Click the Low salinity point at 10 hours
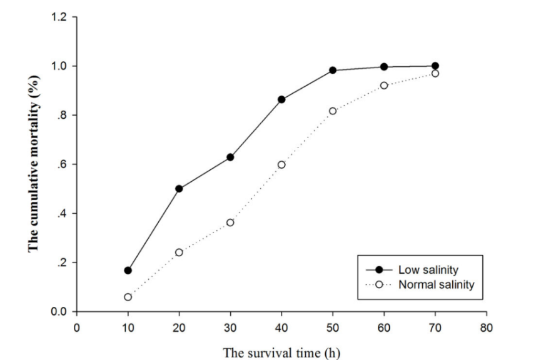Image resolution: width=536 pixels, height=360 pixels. coord(128,271)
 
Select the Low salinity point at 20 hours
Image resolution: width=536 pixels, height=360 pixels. coord(179,188)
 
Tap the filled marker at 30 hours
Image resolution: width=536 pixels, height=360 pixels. coord(230,157)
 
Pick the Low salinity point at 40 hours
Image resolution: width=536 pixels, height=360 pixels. coord(281,99)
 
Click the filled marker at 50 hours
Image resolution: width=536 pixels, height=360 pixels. coord(333,70)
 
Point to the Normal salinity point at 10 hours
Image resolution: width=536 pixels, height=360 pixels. coord(128,297)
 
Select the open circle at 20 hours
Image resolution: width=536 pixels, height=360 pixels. coord(179,252)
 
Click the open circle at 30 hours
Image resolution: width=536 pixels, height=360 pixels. coord(230,222)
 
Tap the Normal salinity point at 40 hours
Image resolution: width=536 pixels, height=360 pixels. coord(281,164)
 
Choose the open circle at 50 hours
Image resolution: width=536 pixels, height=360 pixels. coord(333,111)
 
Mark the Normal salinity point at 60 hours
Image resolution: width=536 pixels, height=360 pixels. coord(384,85)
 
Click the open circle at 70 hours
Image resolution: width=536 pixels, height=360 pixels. coord(435,73)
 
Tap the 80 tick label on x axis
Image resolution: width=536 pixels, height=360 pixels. coord(487,325)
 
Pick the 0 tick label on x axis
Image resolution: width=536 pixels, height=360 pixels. coord(76,325)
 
